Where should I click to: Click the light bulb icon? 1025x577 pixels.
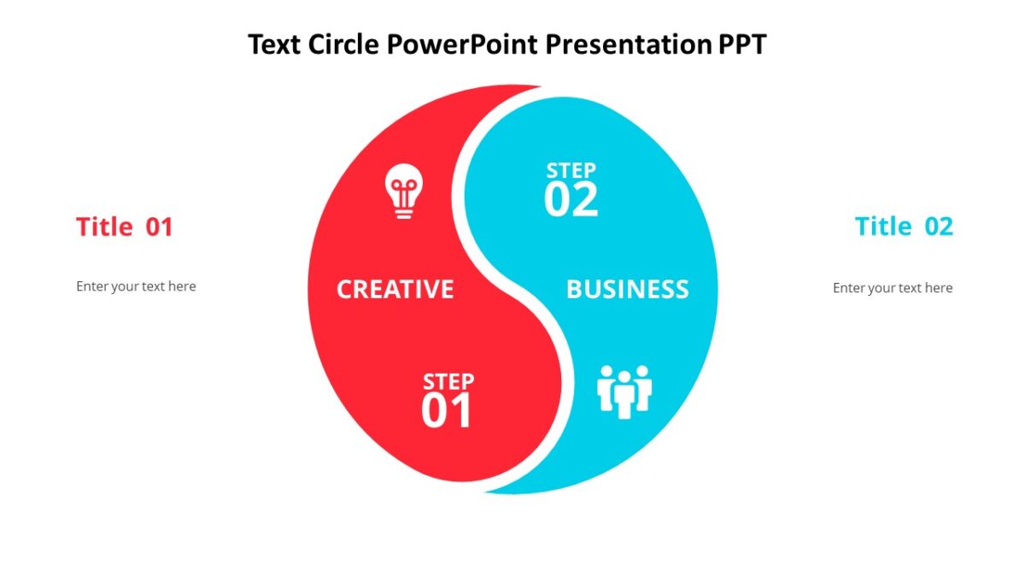pos(404,191)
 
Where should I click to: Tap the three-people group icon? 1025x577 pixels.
pos(624,392)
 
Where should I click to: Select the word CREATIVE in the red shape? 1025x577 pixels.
pos(395,289)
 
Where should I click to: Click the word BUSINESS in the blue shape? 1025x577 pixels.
pos(627,289)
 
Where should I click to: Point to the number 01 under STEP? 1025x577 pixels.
pos(446,411)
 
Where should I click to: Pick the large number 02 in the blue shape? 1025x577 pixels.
pos(571,200)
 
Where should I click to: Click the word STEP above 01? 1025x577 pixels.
pos(448,381)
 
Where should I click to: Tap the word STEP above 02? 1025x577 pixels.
pos(571,170)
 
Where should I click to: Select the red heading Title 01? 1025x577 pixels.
pos(124,227)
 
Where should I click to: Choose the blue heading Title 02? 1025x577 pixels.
pos(904,227)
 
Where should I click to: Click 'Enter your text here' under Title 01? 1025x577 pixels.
pos(136,286)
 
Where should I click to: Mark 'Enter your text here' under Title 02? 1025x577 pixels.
pos(893,288)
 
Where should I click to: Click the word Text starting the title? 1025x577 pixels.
pos(271,44)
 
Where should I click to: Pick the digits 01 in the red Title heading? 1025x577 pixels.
pos(159,227)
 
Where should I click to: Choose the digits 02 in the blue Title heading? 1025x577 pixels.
pos(939,227)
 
